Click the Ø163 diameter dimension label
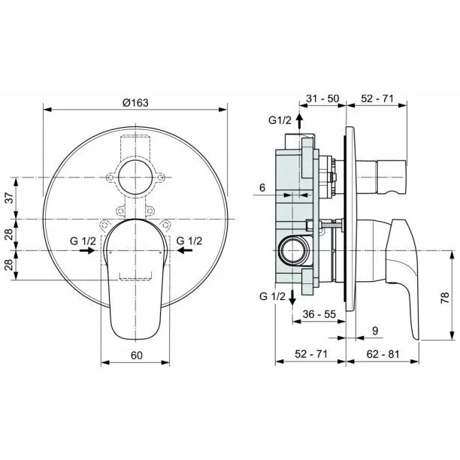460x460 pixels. coord(135,103)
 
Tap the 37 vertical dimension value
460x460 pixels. coord(10,198)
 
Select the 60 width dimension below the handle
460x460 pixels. coord(136,356)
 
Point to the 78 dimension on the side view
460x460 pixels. coord(445,298)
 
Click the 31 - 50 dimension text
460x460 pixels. coord(322,98)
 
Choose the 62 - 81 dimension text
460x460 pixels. coord(383,354)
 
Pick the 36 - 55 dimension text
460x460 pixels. coord(319,314)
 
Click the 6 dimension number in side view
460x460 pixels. coord(262,187)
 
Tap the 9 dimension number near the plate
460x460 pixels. coord(375,331)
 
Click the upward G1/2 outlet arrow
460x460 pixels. coord(299,120)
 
